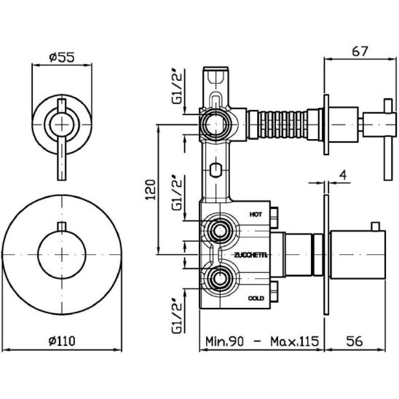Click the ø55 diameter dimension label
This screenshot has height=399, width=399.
click(x=62, y=58)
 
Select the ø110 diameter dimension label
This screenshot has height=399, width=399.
click(x=62, y=341)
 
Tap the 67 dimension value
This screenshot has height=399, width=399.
click(x=360, y=51)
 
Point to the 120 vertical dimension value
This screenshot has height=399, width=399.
click(x=150, y=189)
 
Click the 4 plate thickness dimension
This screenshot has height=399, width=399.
click(x=343, y=175)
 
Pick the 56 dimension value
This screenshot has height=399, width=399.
click(x=355, y=341)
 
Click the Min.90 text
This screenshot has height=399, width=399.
click(x=225, y=341)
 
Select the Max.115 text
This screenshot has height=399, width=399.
click(x=294, y=341)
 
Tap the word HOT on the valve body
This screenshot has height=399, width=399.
click(x=256, y=215)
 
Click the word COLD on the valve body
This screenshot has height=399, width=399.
click(x=256, y=299)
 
